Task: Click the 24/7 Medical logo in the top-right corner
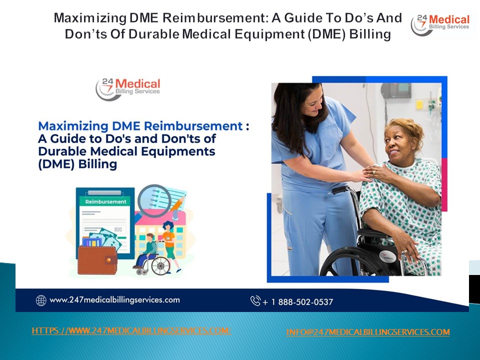tap(440, 24)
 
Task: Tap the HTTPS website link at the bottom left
tap(131, 330)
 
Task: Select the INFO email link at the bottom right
tap(368, 332)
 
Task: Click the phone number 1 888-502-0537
tap(298, 301)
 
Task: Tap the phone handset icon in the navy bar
tap(255, 301)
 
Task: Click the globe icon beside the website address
tap(41, 300)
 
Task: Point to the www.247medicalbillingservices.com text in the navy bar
tap(114, 300)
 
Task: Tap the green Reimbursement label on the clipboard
tap(105, 201)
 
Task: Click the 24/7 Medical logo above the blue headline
tap(128, 88)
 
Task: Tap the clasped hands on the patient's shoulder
tap(373, 173)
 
